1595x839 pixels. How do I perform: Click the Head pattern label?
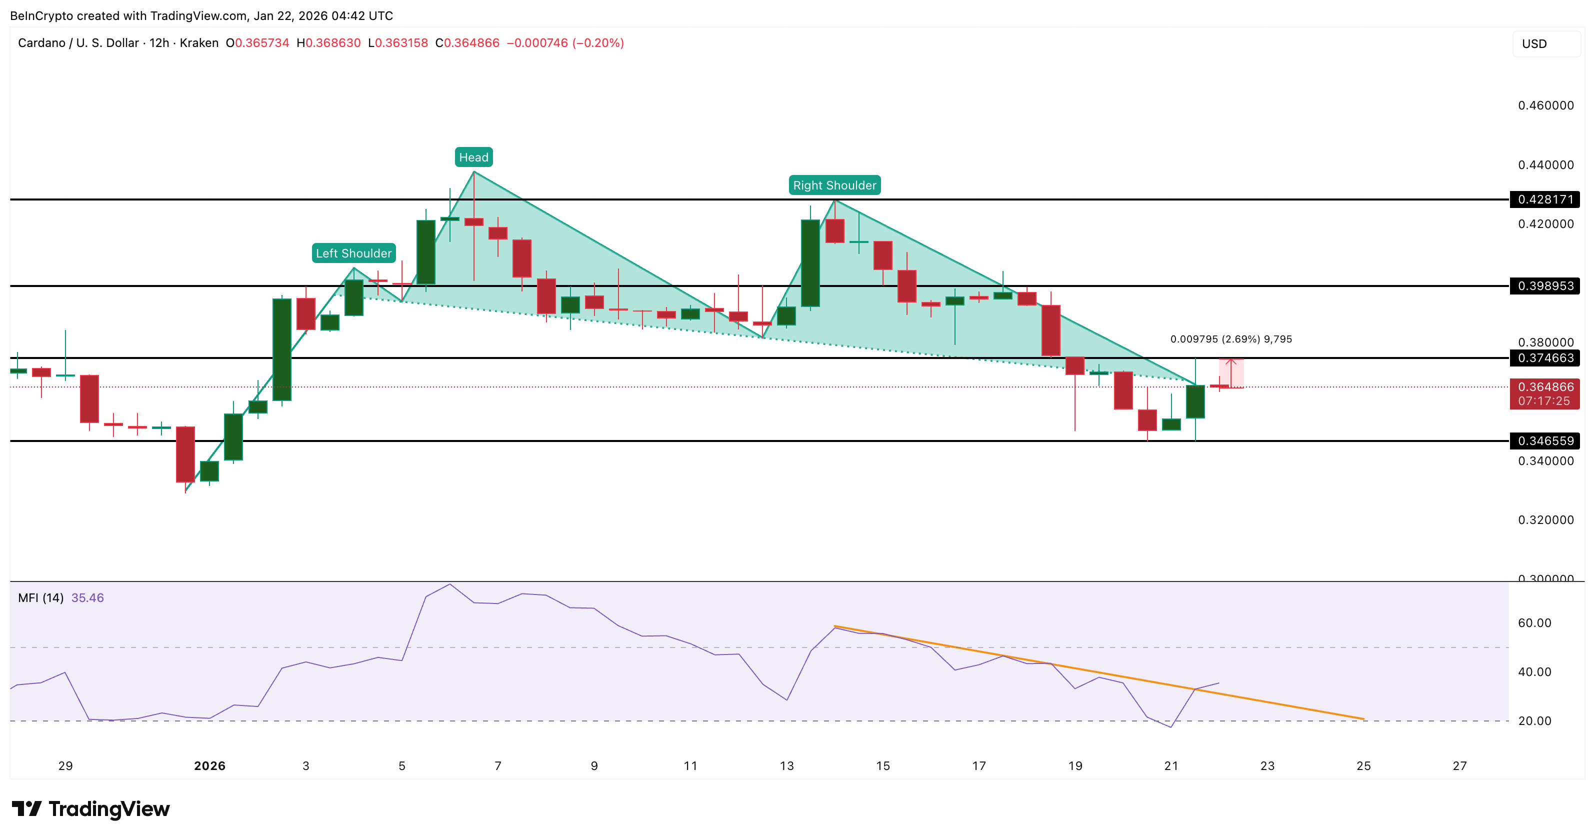473,157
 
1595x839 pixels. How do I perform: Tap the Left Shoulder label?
353,253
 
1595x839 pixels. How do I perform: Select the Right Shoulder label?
834,185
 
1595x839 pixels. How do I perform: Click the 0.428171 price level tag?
1545,199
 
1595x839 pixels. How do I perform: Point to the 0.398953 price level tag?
1545,286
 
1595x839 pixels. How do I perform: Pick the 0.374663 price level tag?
1545,358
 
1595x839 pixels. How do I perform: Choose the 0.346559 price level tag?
1545,441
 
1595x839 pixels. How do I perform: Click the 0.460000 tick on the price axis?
1545,105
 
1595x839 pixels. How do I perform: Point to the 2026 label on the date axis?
210,766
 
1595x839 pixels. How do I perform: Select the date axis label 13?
786,766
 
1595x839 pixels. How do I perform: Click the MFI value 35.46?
87,598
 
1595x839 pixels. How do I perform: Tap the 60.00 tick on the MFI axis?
1534,623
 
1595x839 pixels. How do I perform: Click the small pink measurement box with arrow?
1231,373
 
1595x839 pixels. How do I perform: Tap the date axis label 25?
1363,766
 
